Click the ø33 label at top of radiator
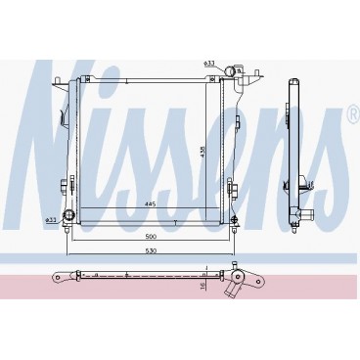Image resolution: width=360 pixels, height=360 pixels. point(209,64)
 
